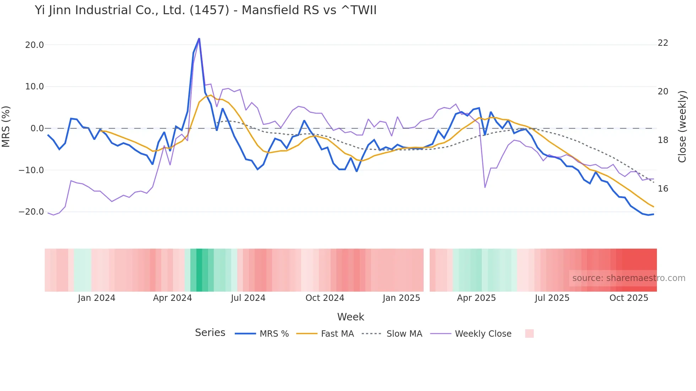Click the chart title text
click(x=206, y=10)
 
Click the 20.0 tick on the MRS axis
click(x=34, y=45)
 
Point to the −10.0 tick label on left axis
click(x=31, y=170)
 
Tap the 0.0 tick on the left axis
click(x=37, y=128)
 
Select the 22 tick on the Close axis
click(x=663, y=43)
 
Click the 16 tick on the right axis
click(x=663, y=189)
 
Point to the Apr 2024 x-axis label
click(x=172, y=298)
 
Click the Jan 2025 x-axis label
click(x=401, y=298)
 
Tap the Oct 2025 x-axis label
click(x=629, y=298)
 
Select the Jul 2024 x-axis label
click(x=248, y=298)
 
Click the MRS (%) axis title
click(x=6, y=126)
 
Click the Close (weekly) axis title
click(x=682, y=127)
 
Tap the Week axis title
click(x=350, y=317)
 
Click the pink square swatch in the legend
click(x=529, y=334)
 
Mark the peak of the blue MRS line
click(x=199, y=38)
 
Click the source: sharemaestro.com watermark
click(x=629, y=278)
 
